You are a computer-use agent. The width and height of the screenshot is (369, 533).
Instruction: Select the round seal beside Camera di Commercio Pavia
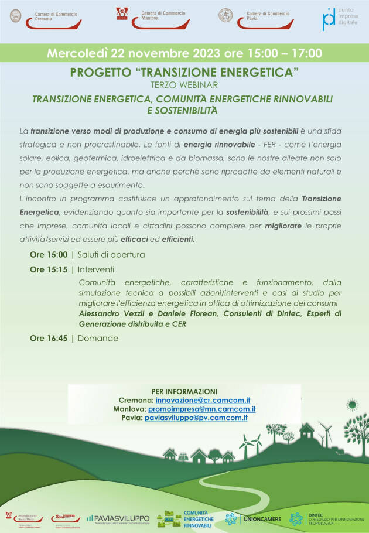tap(225, 16)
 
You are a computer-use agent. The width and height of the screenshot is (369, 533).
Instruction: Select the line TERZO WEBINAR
tap(184, 85)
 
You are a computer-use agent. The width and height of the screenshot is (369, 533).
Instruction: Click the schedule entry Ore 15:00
tap(49, 255)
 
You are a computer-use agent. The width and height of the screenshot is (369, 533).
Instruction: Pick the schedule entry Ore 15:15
tap(49, 269)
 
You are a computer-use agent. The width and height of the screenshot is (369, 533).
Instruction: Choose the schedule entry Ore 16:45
tap(49, 338)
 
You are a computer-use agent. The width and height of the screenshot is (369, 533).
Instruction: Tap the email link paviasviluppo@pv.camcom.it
tap(196, 417)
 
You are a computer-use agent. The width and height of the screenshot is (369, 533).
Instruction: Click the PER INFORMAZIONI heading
tap(184, 391)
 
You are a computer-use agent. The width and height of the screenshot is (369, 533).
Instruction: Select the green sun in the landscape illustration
tap(352, 405)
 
